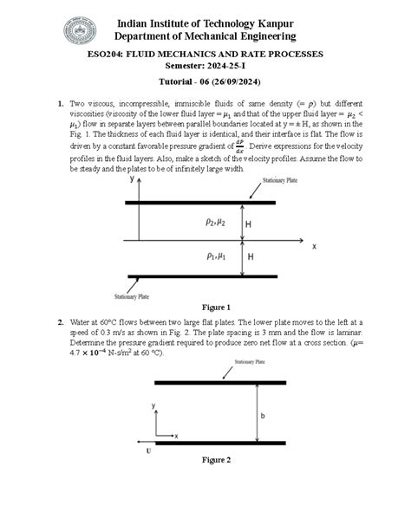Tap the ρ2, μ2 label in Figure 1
point(216,223)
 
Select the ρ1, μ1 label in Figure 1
point(216,256)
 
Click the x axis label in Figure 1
point(314,246)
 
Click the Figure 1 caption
point(216,308)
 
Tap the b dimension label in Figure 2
point(262,416)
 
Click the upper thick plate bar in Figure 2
point(220,382)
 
